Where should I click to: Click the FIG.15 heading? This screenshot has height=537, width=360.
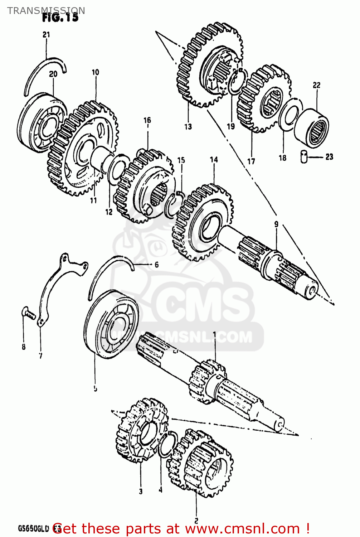[x=60, y=18]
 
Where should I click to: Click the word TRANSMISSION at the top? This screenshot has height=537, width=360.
[x=46, y=10]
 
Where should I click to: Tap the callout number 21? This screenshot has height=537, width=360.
[x=46, y=35]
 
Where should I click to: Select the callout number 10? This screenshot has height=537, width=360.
[x=95, y=72]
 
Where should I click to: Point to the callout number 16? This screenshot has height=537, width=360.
[x=147, y=120]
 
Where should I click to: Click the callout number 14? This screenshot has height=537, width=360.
[x=214, y=160]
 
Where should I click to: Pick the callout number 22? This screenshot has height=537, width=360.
[x=316, y=85]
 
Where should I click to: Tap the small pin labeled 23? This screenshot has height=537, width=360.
[x=305, y=157]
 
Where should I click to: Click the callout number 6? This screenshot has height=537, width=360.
[x=156, y=265]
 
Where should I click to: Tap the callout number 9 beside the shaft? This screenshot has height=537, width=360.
[x=276, y=224]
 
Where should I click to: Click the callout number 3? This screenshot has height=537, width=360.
[x=141, y=491]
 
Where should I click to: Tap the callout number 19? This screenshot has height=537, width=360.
[x=231, y=126]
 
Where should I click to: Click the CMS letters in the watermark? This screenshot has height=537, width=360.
[x=200, y=304]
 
